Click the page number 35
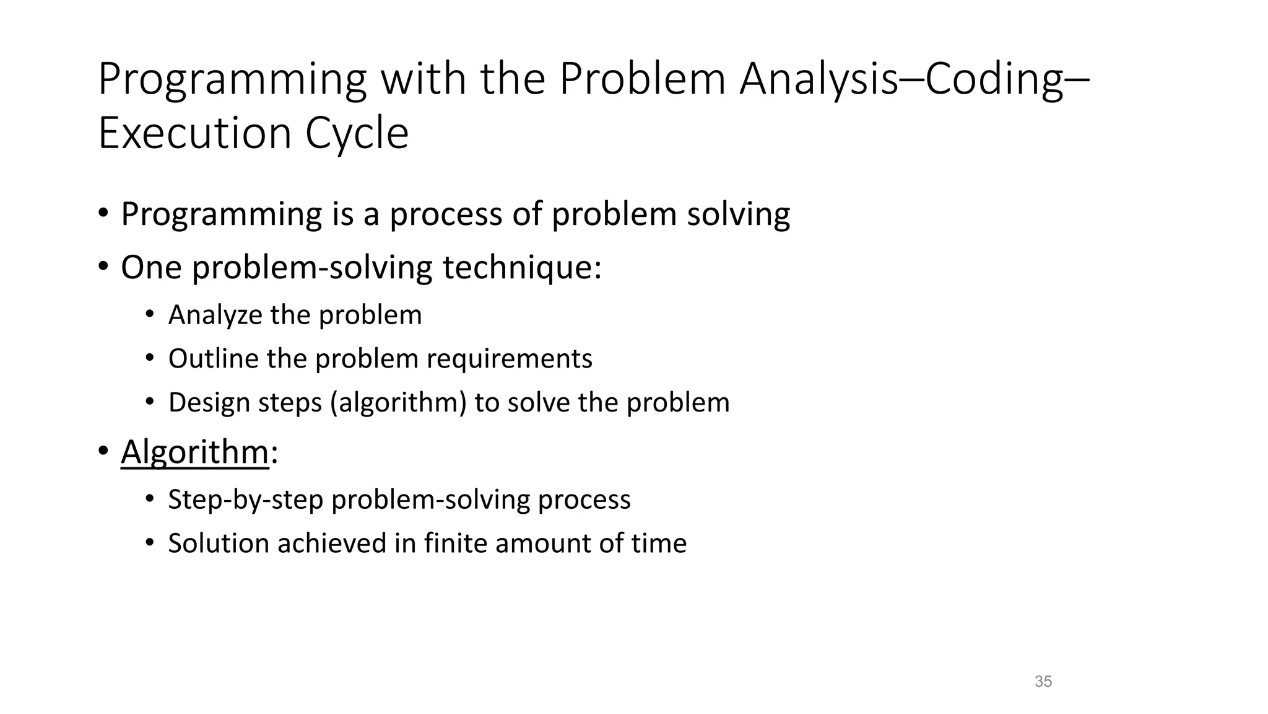coord(1043,682)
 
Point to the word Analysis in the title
coord(818,79)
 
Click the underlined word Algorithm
coord(194,451)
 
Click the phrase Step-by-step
coord(245,500)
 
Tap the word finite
coord(455,544)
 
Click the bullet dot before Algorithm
coord(103,451)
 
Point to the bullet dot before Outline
coord(150,358)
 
